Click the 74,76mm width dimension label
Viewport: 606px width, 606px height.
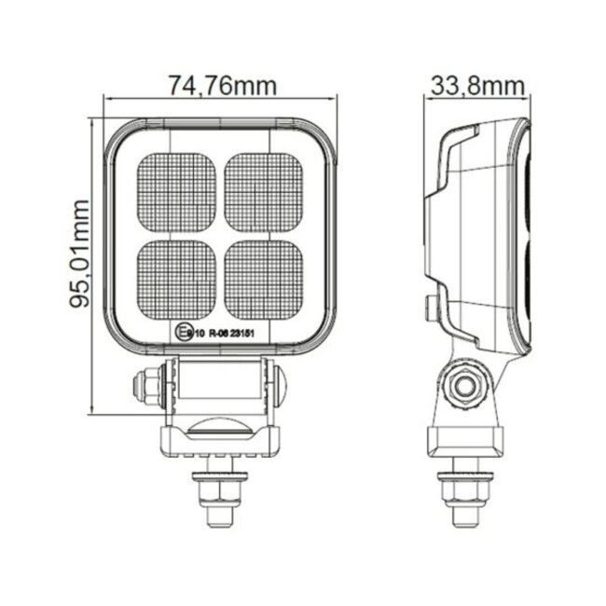(x=223, y=86)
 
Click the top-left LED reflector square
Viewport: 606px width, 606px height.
(x=176, y=194)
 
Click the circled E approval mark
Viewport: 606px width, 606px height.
(x=181, y=330)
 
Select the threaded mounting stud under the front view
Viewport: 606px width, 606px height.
(x=218, y=495)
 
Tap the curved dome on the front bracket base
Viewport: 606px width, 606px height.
(x=218, y=429)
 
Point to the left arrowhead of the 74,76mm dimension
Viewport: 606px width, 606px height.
(x=108, y=97)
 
